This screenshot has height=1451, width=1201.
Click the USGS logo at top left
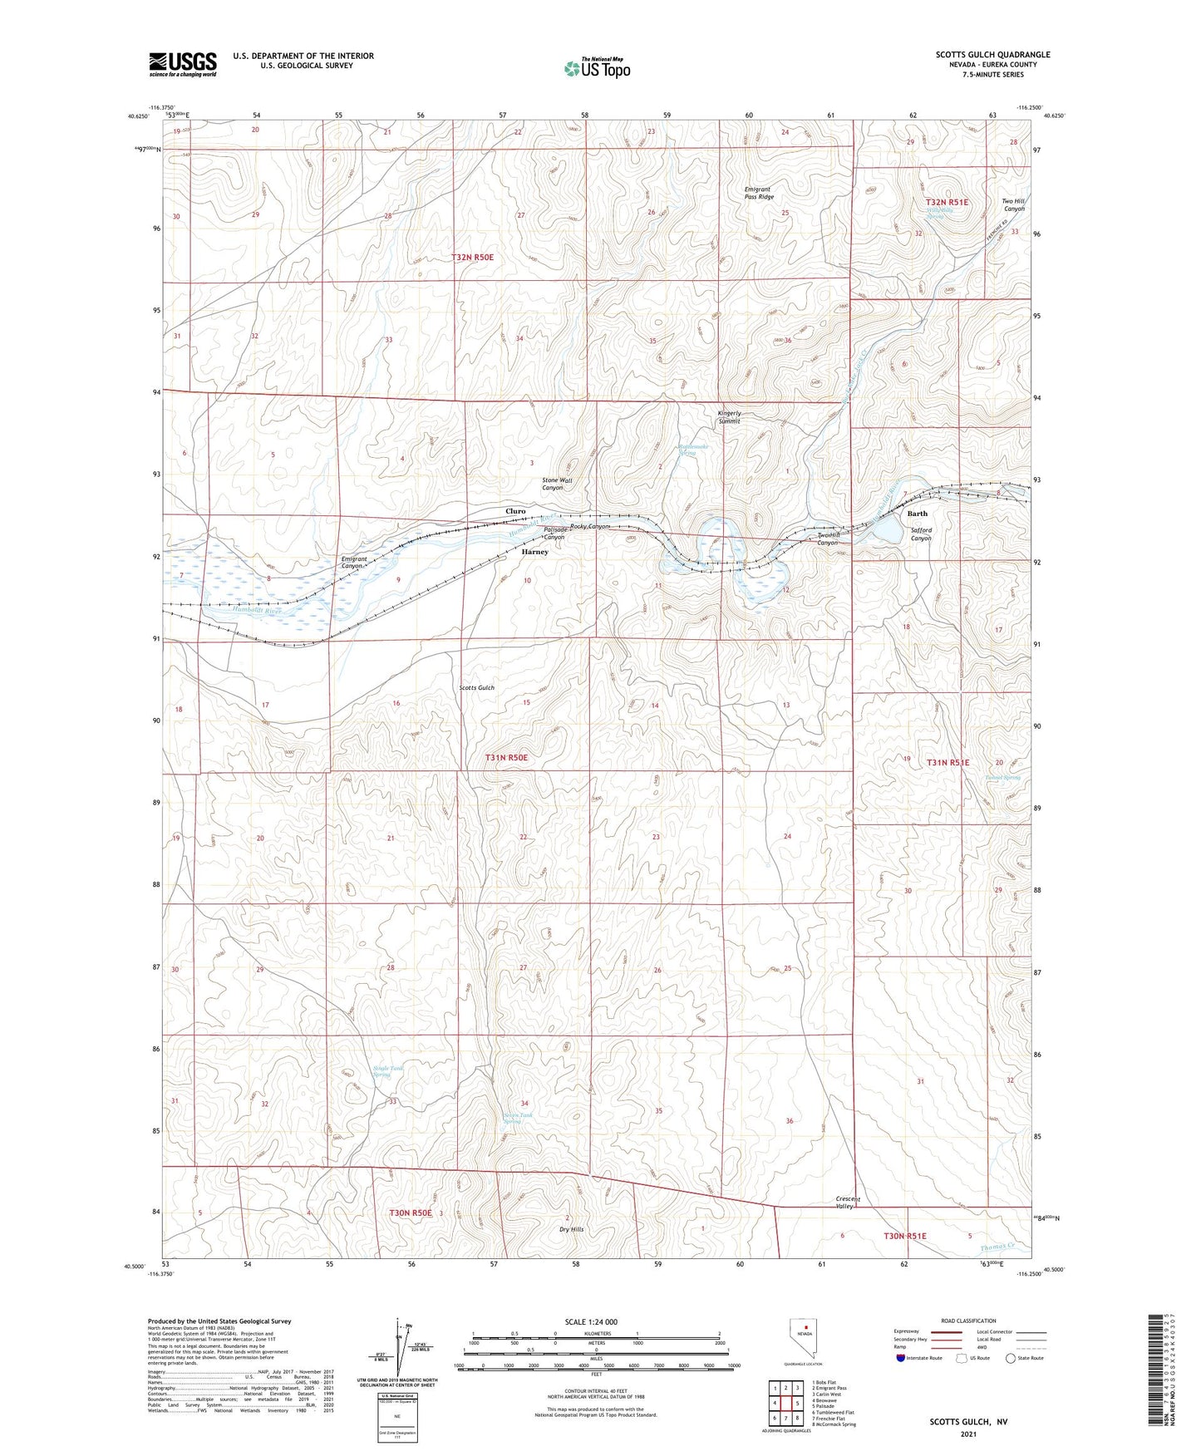click(182, 64)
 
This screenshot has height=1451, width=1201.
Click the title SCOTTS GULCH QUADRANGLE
click(992, 55)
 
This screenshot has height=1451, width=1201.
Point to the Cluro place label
click(515, 511)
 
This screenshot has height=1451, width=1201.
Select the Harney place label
click(534, 552)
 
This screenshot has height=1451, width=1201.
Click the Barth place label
click(917, 514)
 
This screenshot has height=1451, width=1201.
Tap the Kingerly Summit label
click(729, 417)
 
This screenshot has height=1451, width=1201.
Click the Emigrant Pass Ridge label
click(759, 194)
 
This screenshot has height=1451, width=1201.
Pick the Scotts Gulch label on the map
click(477, 688)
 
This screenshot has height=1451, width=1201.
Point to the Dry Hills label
click(571, 1229)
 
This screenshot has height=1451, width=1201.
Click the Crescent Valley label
click(848, 1203)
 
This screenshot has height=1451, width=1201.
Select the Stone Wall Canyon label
click(557, 484)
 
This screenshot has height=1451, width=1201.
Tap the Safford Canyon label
click(921, 534)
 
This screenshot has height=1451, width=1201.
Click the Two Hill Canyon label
click(1012, 204)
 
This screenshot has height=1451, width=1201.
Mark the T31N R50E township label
click(506, 758)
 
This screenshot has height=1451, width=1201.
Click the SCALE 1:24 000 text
click(591, 1322)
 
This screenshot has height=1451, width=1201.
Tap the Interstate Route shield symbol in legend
click(901, 1359)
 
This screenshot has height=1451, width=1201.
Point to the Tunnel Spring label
click(1002, 778)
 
